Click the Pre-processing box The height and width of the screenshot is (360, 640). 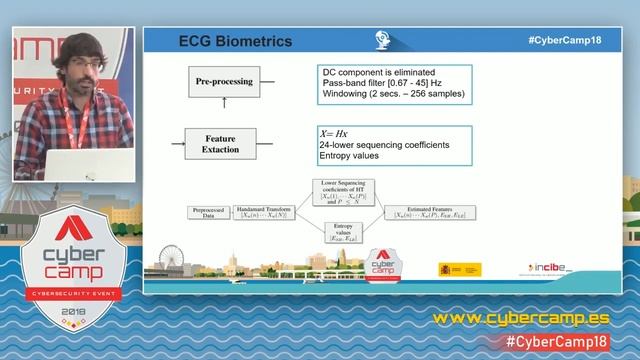[224, 80]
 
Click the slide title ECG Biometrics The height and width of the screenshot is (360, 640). [235, 42]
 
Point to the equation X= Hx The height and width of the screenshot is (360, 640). [335, 133]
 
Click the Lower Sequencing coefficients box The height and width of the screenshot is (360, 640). [345, 193]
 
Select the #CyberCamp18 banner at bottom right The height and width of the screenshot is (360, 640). [569, 342]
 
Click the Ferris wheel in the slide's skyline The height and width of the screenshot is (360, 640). [167, 268]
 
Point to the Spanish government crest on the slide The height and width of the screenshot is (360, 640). [446, 269]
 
